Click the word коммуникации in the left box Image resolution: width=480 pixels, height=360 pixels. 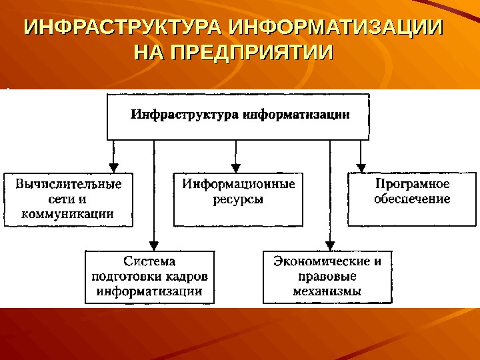(69, 214)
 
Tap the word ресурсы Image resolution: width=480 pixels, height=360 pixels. (238, 199)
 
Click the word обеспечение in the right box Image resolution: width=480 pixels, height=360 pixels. (412, 199)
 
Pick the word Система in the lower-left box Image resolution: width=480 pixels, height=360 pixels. (150, 261)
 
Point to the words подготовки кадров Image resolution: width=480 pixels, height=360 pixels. (150, 276)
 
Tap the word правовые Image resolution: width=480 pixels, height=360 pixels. (327, 276)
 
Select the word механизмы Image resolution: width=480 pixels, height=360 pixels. (327, 291)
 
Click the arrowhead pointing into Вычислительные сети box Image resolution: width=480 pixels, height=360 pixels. (113, 168)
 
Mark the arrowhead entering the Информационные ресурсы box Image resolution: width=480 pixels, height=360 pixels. (235, 168)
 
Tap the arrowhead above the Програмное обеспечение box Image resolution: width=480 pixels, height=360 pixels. (361, 168)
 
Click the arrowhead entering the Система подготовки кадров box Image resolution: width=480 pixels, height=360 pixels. (154, 245)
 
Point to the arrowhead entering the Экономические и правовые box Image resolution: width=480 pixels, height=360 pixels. (329, 245)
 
